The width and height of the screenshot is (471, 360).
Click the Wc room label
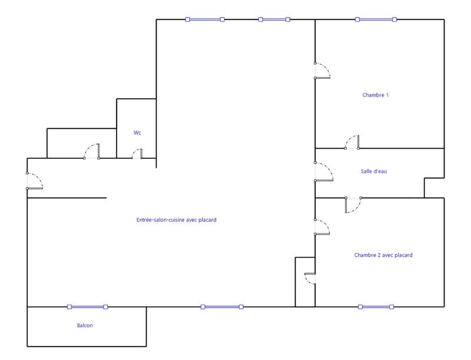point(137,133)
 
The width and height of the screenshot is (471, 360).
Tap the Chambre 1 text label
point(376,95)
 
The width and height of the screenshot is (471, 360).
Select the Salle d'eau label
point(374,171)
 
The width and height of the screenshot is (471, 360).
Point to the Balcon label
point(85,325)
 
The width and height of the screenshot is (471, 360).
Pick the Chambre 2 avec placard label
point(383,255)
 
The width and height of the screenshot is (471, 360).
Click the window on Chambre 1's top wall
point(376,19)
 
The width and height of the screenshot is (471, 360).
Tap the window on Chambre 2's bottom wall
point(376,306)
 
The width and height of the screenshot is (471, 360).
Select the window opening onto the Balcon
point(88,306)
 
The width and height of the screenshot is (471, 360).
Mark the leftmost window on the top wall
point(205,19)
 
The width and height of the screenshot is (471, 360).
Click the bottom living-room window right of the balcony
point(222,306)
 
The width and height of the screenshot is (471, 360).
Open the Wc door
point(137,154)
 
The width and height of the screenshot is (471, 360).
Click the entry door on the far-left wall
point(34,181)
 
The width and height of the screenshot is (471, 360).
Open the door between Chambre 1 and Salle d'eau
point(352,142)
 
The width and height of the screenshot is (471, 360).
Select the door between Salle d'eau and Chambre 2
point(353,204)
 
